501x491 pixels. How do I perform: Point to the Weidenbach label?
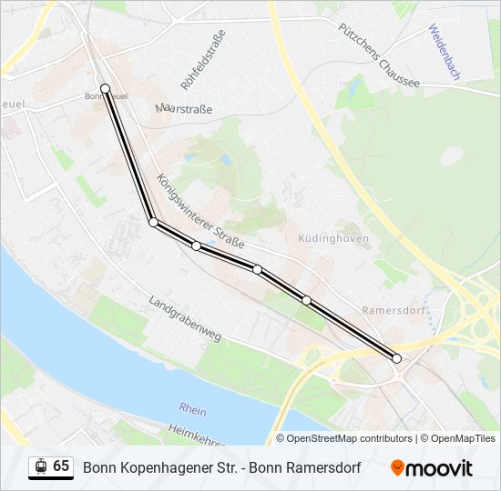coord(444,52)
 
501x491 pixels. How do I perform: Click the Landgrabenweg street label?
coord(185,318)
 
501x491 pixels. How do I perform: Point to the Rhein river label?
coord(192,410)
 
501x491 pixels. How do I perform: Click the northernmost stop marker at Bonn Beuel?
coord(106,88)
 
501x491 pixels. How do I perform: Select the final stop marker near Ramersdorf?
coord(396,358)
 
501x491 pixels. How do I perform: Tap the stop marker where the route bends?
coord(153,222)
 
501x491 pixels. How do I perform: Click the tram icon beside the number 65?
coord(41,466)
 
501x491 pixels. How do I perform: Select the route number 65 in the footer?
coord(61,466)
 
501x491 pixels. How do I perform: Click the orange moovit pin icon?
coord(397,468)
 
